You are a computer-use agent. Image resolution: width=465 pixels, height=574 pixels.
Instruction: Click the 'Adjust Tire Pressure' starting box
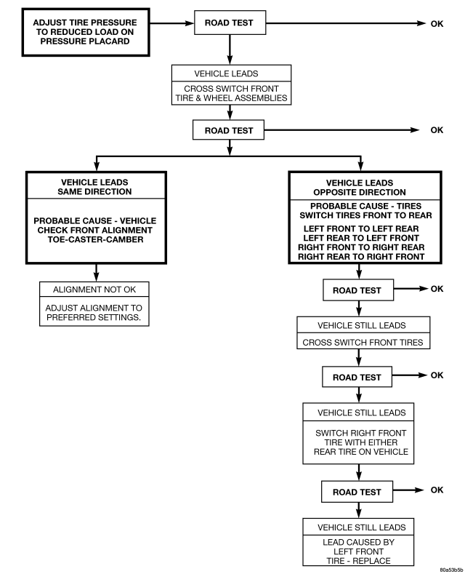click(x=86, y=32)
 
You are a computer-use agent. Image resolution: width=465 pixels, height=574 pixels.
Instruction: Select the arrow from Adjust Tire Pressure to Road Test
click(x=171, y=23)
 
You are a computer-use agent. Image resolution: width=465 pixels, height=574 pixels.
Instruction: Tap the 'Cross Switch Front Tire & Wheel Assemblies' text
click(x=231, y=93)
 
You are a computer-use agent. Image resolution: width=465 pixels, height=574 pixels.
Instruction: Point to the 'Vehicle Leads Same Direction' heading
click(x=94, y=187)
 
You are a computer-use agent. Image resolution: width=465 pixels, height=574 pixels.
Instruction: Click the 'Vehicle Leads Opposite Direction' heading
click(x=360, y=188)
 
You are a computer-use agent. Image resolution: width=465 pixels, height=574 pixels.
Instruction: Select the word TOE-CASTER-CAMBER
click(x=95, y=239)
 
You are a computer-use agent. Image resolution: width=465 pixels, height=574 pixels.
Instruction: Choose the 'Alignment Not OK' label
click(x=94, y=290)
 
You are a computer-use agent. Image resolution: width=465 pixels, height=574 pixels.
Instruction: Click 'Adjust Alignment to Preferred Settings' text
click(x=94, y=313)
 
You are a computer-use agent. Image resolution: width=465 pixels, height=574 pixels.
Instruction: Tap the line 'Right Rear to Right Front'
click(x=361, y=257)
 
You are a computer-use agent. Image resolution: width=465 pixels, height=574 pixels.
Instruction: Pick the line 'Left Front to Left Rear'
click(x=361, y=228)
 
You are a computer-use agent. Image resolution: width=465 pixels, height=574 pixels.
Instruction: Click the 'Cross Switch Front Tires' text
click(x=363, y=342)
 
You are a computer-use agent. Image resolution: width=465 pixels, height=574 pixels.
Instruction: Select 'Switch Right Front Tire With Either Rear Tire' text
click(x=361, y=442)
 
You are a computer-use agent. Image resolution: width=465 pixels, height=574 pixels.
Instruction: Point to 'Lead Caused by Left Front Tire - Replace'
click(x=359, y=551)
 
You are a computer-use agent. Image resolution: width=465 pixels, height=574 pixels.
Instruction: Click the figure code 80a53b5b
click(x=451, y=570)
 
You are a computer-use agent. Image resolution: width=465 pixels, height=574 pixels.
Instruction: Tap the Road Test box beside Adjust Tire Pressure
click(x=230, y=23)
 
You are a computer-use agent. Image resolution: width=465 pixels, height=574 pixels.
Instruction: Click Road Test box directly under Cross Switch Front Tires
click(x=357, y=377)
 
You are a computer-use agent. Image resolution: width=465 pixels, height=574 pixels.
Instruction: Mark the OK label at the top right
click(x=437, y=24)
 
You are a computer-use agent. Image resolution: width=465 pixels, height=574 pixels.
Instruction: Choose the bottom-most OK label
click(x=437, y=490)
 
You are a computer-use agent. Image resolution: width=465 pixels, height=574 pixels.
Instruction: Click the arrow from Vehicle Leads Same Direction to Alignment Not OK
click(x=96, y=273)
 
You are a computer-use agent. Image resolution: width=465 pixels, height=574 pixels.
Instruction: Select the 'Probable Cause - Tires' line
click(x=365, y=206)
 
